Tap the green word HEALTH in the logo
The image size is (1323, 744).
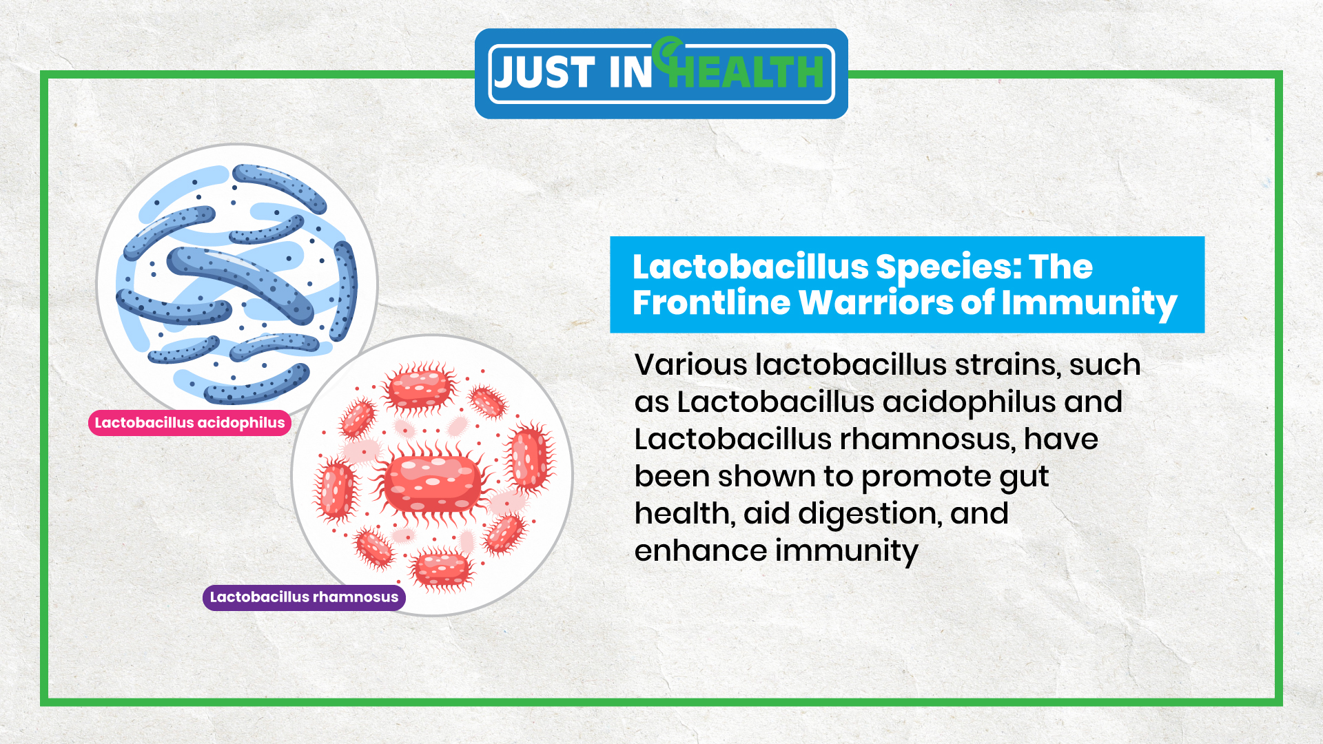click(746, 72)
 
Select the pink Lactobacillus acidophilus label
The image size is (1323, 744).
click(189, 422)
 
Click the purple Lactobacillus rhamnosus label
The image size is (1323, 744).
click(304, 597)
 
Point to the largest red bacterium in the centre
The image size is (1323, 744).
click(432, 481)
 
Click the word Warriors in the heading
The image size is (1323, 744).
click(876, 302)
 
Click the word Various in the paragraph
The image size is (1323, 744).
click(690, 364)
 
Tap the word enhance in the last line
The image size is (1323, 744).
click(701, 550)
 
